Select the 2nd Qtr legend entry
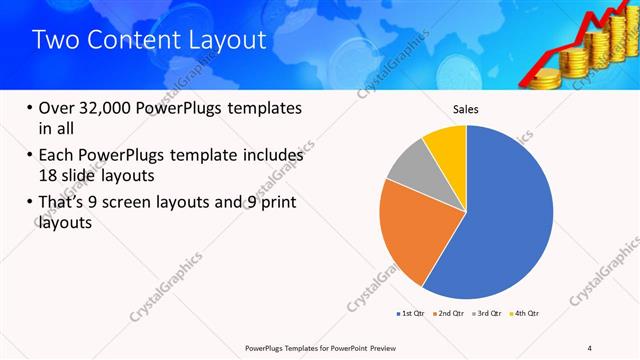click(451, 314)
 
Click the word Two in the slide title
click(55, 40)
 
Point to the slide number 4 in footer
click(590, 347)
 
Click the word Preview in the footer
click(396, 347)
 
